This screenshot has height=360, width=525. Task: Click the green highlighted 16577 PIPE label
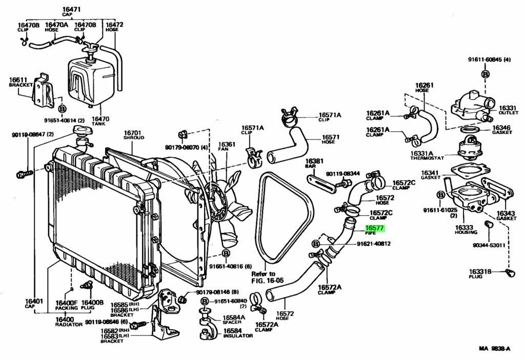pyautogui.click(x=374, y=229)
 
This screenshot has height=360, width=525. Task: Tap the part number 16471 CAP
pyautogui.click(x=68, y=12)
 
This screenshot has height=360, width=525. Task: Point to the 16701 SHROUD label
pyautogui.click(x=133, y=135)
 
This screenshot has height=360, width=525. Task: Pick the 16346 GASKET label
pyautogui.click(x=501, y=130)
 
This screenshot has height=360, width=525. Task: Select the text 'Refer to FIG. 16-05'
pyautogui.click(x=263, y=277)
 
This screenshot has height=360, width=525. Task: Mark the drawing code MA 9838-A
pyautogui.click(x=494, y=349)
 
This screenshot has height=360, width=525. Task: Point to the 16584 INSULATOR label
pyautogui.click(x=237, y=333)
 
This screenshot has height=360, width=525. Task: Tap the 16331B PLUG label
pyautogui.click(x=480, y=274)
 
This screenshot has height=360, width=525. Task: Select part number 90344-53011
pyautogui.click(x=489, y=245)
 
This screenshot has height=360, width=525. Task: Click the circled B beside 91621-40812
pyautogui.click(x=315, y=244)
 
